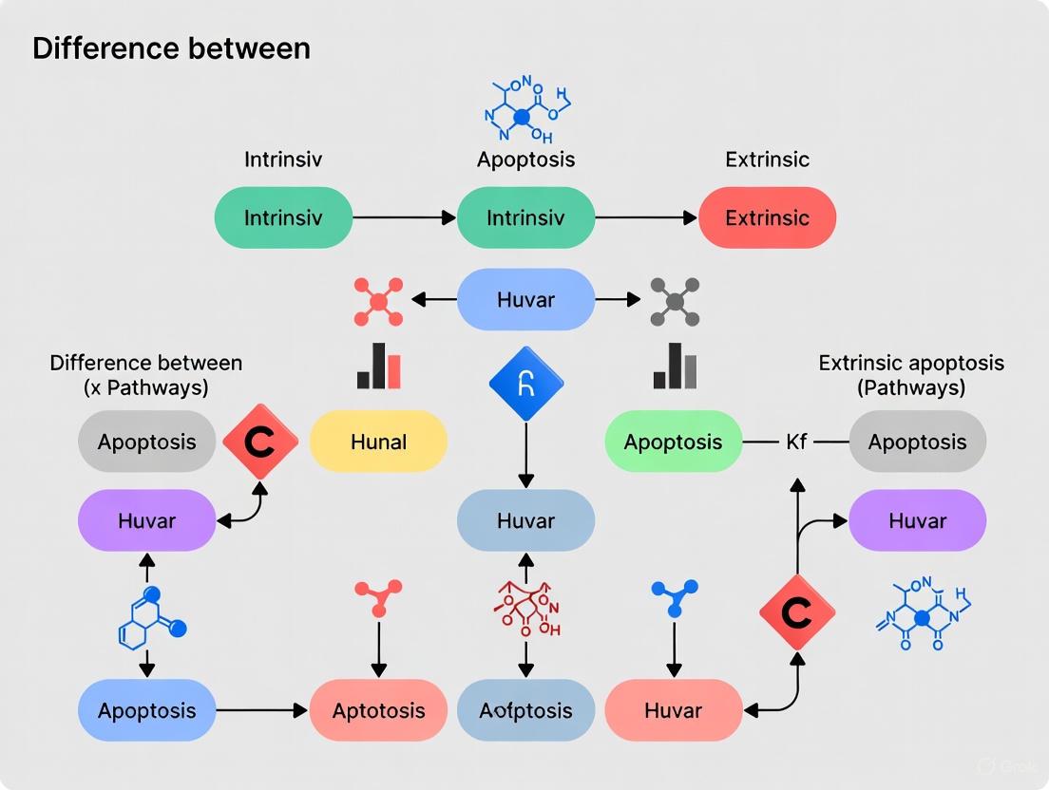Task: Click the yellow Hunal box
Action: tap(378, 442)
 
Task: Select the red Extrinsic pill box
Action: tap(767, 217)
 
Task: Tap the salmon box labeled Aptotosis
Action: tap(378, 710)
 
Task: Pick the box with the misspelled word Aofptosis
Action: tap(525, 710)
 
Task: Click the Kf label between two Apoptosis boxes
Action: tap(796, 442)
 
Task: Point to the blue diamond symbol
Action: tap(525, 384)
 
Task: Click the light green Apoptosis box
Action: tap(673, 442)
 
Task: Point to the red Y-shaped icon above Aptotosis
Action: tap(378, 597)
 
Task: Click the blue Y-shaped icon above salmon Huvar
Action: tap(674, 597)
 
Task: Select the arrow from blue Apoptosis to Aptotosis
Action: tap(263, 710)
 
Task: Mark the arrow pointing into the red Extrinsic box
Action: tap(646, 217)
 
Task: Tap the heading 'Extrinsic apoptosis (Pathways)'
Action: tap(910, 375)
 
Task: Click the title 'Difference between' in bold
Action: tap(171, 48)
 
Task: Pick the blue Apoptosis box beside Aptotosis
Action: tap(146, 710)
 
